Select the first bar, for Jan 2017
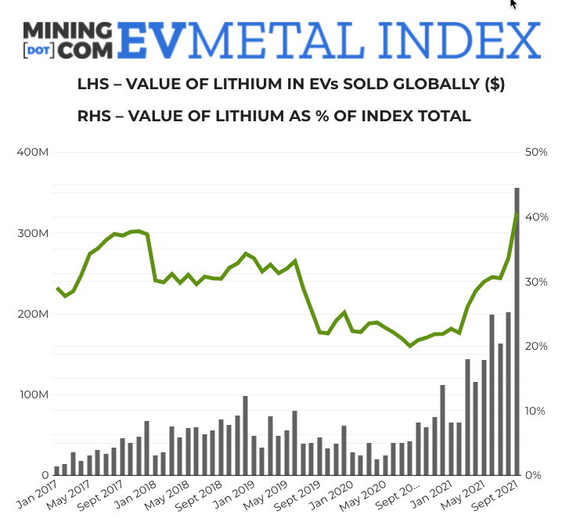pyautogui.click(x=56, y=470)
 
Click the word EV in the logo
pyautogui.click(x=152, y=39)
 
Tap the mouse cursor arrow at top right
pyautogui.click(x=513, y=5)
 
